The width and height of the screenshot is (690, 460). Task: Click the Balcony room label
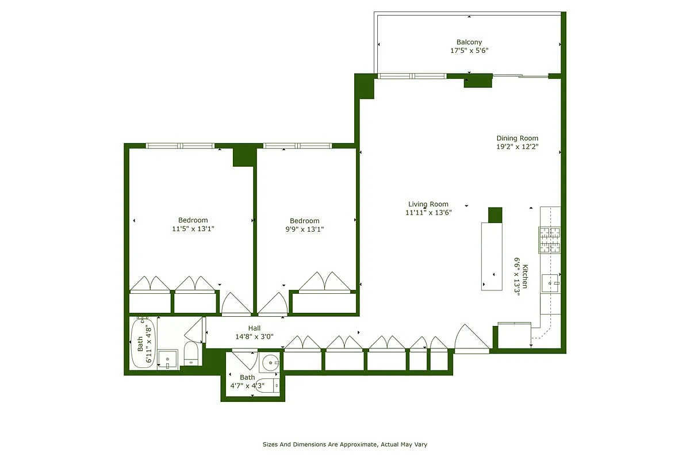tap(469, 42)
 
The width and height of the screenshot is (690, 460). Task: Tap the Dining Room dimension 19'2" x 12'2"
tap(517, 147)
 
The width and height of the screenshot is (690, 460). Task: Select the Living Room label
tap(428, 204)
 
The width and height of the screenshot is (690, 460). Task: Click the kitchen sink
tap(551, 283)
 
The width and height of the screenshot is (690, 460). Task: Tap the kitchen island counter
tap(492, 256)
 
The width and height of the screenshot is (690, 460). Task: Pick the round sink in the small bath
tap(270, 362)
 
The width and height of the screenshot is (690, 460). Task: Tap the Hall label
tap(254, 328)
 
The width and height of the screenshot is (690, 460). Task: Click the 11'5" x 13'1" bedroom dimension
tap(193, 229)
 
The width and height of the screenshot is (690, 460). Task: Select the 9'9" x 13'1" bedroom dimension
tap(305, 229)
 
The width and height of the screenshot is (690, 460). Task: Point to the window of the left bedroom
tap(180, 145)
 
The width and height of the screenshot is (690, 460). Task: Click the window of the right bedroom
tap(297, 145)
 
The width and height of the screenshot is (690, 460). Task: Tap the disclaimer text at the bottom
tap(345, 444)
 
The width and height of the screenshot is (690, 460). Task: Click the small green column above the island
tap(495, 214)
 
